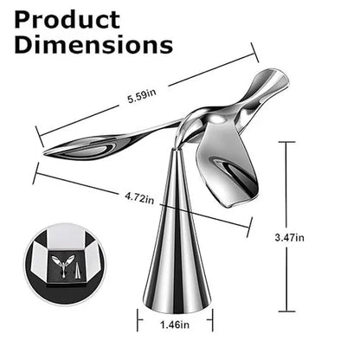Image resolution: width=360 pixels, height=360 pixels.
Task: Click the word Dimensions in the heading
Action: [93, 45]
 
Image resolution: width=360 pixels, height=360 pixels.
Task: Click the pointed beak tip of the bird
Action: [46, 152]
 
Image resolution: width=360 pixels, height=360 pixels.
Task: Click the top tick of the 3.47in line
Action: [288, 143]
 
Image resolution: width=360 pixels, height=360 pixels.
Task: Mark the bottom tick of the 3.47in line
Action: [288, 312]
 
